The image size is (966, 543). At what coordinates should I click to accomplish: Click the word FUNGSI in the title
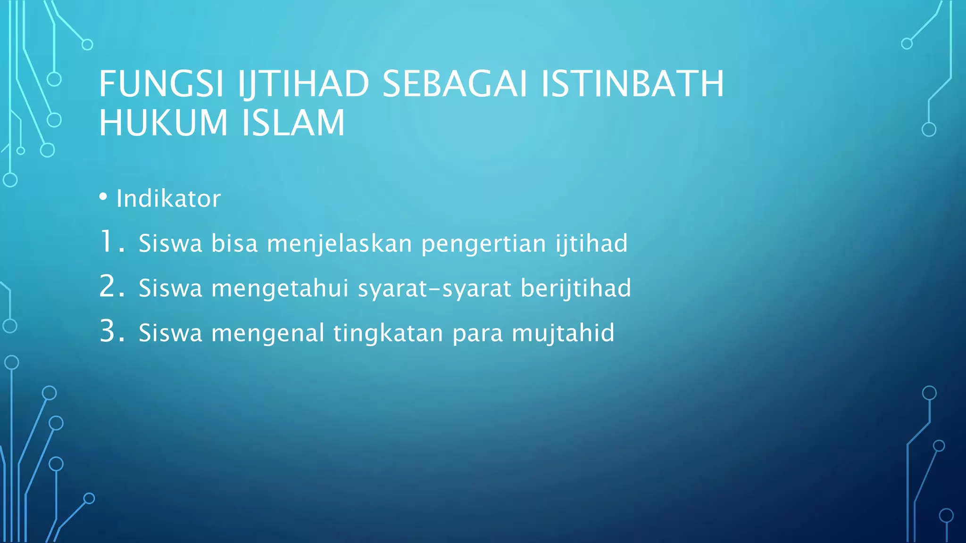(161, 84)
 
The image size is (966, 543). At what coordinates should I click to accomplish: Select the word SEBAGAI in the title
(454, 84)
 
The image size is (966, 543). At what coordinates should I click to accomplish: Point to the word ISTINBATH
(632, 84)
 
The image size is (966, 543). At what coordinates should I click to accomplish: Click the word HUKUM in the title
(163, 123)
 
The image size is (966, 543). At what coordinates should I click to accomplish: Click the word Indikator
(168, 198)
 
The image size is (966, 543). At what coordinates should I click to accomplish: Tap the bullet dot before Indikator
(103, 197)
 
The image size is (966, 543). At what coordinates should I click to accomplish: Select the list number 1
(111, 242)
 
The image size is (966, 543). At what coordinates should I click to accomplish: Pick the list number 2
(111, 287)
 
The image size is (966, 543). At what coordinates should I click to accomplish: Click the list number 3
(111, 331)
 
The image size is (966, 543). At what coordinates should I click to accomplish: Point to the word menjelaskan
(340, 244)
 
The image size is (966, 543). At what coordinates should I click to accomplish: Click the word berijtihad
(575, 288)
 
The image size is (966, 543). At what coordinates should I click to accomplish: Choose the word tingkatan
(388, 334)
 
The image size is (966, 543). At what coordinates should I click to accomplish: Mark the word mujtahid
(563, 334)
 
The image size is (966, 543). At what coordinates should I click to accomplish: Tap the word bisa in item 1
(234, 244)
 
